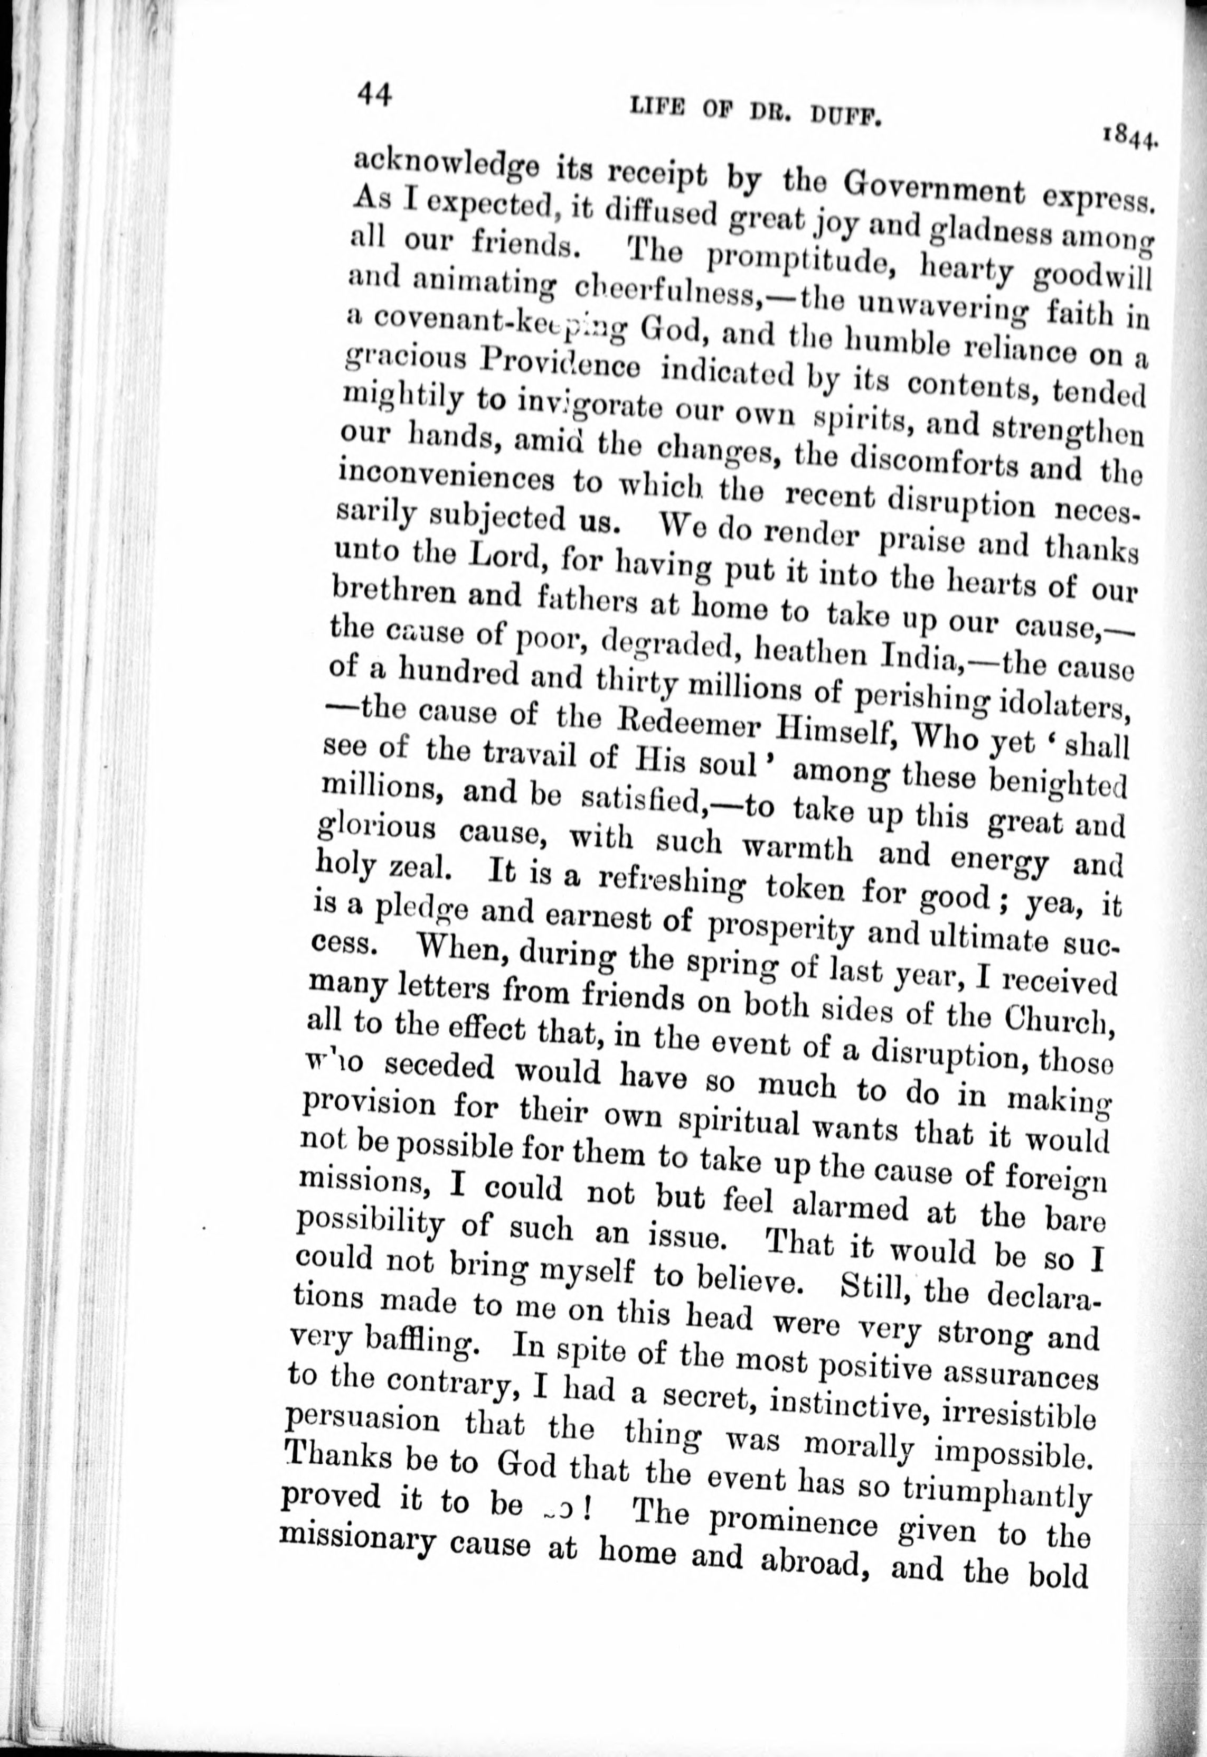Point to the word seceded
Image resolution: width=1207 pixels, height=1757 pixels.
(x=439, y=1067)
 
